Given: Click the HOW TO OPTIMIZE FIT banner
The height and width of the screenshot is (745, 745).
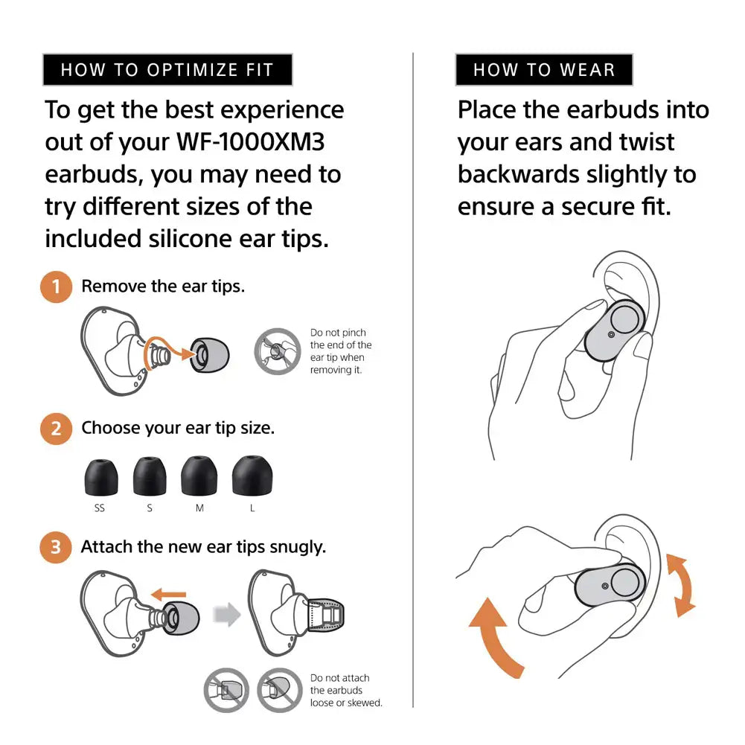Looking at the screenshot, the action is pyautogui.click(x=167, y=70).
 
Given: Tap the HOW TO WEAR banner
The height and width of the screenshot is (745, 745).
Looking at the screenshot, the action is pyautogui.click(x=544, y=70).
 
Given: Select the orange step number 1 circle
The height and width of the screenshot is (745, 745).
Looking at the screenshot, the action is pyautogui.click(x=56, y=287).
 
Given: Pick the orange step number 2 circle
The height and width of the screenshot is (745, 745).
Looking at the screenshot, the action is pyautogui.click(x=56, y=429).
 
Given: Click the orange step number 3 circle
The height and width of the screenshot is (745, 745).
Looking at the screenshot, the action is pyautogui.click(x=56, y=547).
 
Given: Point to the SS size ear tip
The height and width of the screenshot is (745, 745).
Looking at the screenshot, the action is pyautogui.click(x=100, y=477).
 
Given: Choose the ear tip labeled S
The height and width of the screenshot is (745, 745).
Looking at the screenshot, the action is pyautogui.click(x=150, y=476).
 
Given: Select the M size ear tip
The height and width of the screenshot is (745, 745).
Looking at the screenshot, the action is pyautogui.click(x=199, y=476).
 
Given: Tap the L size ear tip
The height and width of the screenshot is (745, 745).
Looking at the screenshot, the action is pyautogui.click(x=252, y=476).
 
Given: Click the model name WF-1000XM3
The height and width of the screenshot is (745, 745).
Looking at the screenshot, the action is pyautogui.click(x=250, y=142).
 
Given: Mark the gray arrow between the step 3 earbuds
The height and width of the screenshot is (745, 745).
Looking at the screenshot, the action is pyautogui.click(x=227, y=614).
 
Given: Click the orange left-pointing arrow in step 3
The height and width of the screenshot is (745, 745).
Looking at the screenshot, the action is pyautogui.click(x=168, y=594).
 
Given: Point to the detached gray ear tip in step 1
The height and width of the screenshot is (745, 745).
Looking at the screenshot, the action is pyautogui.click(x=210, y=356).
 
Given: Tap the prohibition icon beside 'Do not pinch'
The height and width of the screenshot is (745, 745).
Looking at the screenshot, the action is pyautogui.click(x=278, y=351).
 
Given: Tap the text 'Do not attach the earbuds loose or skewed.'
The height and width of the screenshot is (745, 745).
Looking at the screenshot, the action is pyautogui.click(x=346, y=691).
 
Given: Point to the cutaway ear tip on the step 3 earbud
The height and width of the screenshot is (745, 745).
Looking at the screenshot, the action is pyautogui.click(x=326, y=615).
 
